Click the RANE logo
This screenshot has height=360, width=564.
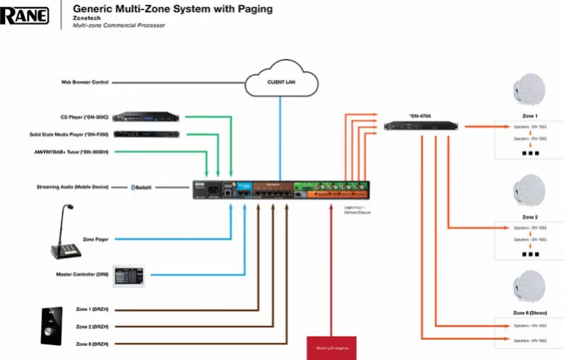[24, 14]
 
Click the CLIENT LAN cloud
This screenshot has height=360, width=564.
[281, 82]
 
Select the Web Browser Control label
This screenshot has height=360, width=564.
[85, 82]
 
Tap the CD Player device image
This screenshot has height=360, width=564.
[148, 117]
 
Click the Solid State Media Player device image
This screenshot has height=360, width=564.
[148, 134]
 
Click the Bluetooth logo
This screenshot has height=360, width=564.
[142, 187]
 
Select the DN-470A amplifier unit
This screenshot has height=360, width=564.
[423, 126]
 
